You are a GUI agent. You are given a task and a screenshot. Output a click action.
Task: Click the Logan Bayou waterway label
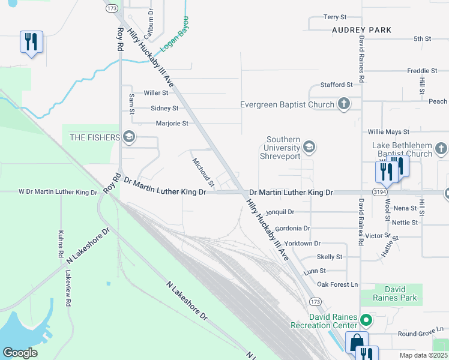tap(175, 34)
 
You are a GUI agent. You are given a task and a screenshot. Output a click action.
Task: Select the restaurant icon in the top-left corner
tap(31, 42)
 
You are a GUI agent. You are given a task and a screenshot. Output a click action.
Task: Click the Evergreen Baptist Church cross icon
tap(344, 104)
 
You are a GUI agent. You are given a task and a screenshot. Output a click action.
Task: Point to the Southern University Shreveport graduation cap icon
tap(309, 147)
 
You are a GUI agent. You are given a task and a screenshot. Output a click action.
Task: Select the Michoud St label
tap(203, 171)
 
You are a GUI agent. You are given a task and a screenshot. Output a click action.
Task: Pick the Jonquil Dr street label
tap(280, 212)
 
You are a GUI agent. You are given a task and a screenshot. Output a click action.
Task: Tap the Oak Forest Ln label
tap(337, 284)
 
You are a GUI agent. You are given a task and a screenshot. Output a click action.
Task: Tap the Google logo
tap(20, 352)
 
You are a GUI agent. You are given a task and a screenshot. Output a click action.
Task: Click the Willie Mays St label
tap(388, 131)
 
